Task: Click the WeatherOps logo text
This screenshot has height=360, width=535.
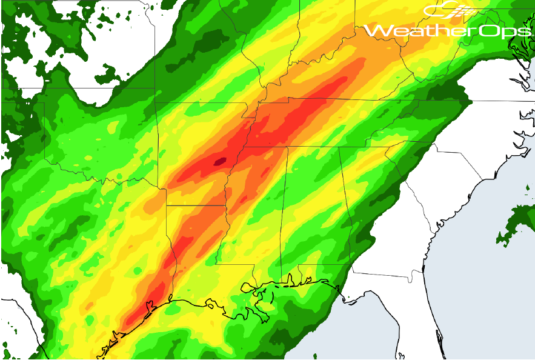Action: click(x=448, y=31)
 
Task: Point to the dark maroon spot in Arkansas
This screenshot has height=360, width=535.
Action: click(x=219, y=161)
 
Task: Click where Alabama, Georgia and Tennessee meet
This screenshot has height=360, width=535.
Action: click(x=339, y=147)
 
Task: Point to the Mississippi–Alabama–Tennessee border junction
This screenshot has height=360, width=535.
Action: click(x=288, y=147)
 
